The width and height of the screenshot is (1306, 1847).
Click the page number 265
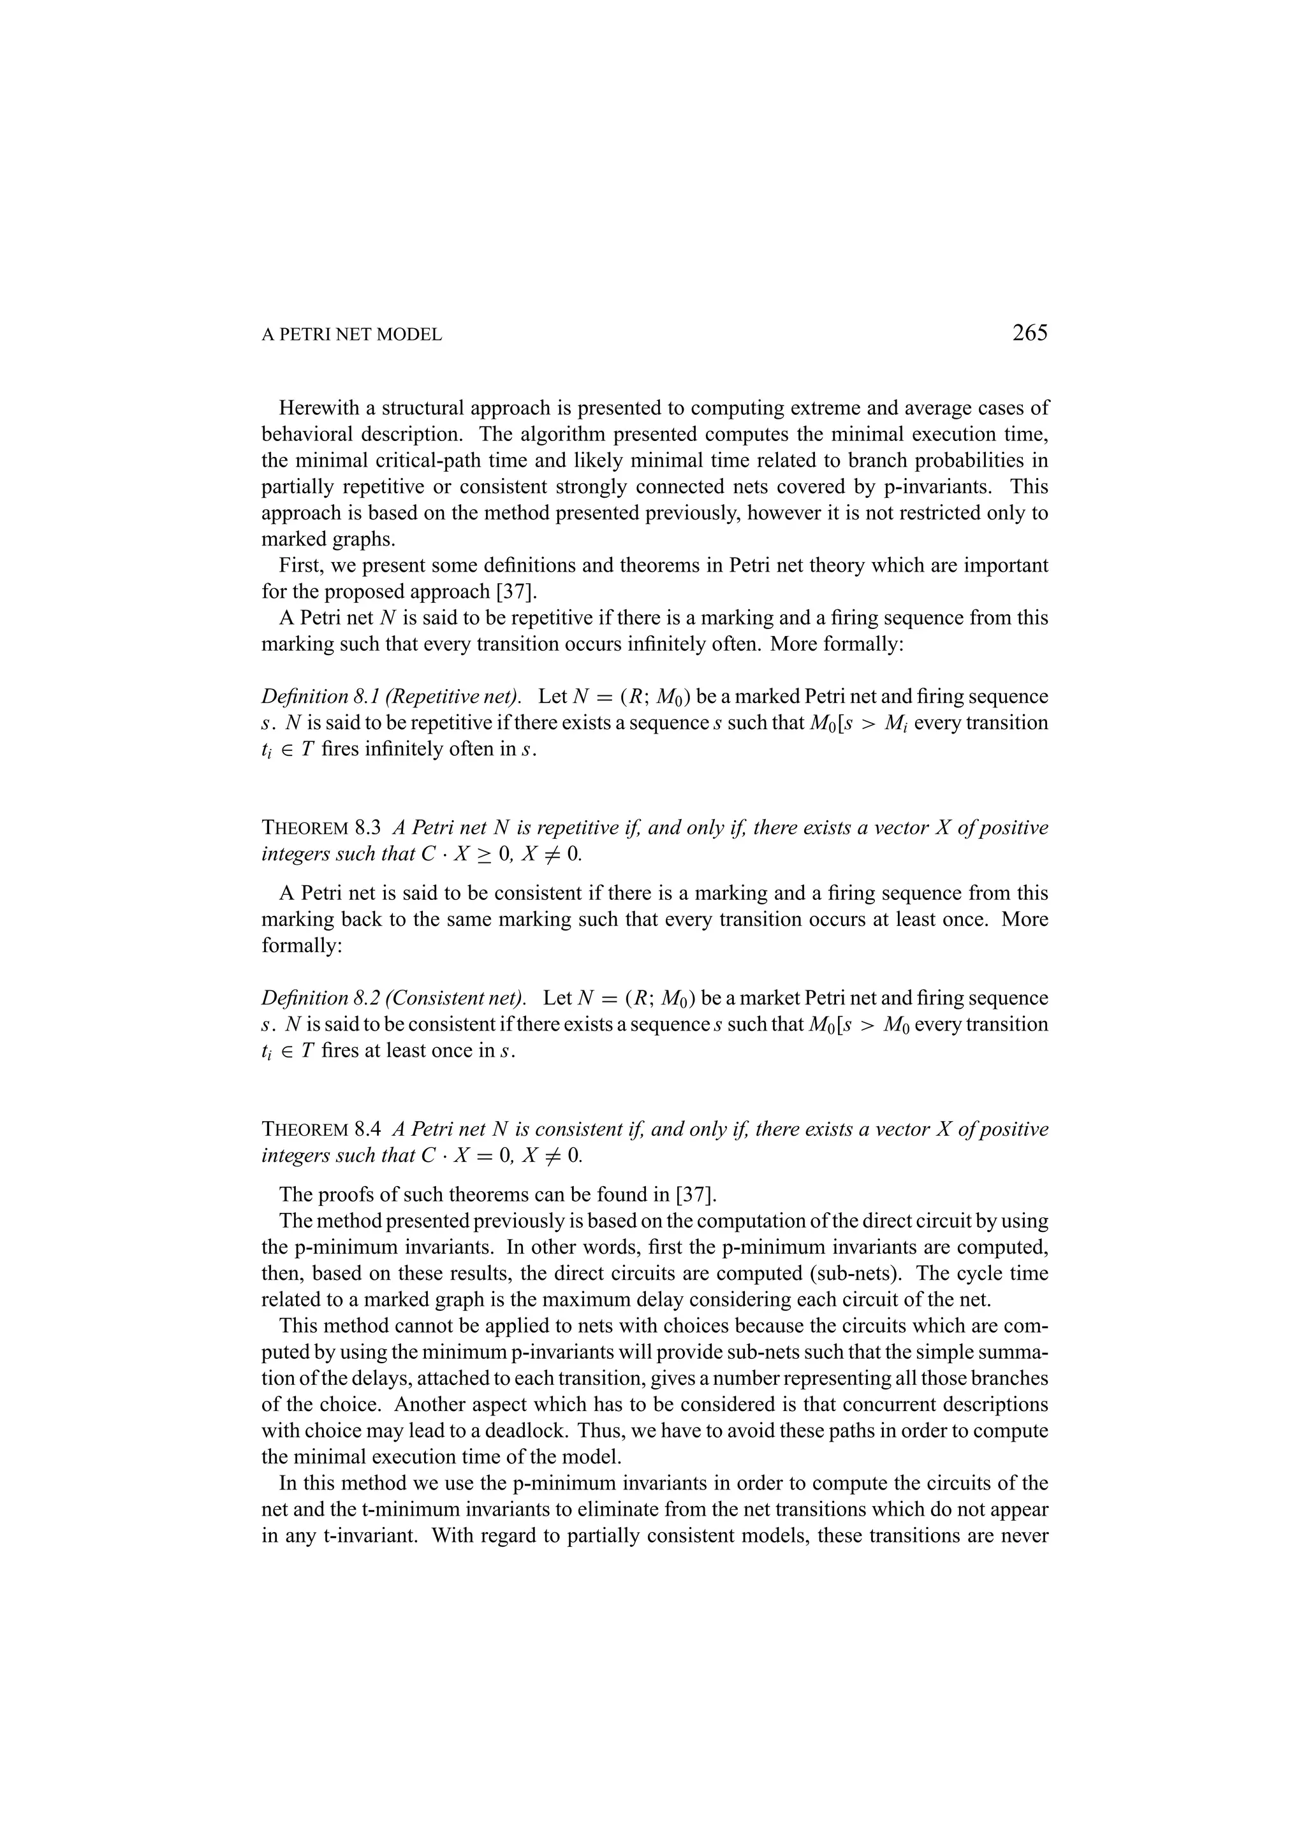tap(1029, 332)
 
